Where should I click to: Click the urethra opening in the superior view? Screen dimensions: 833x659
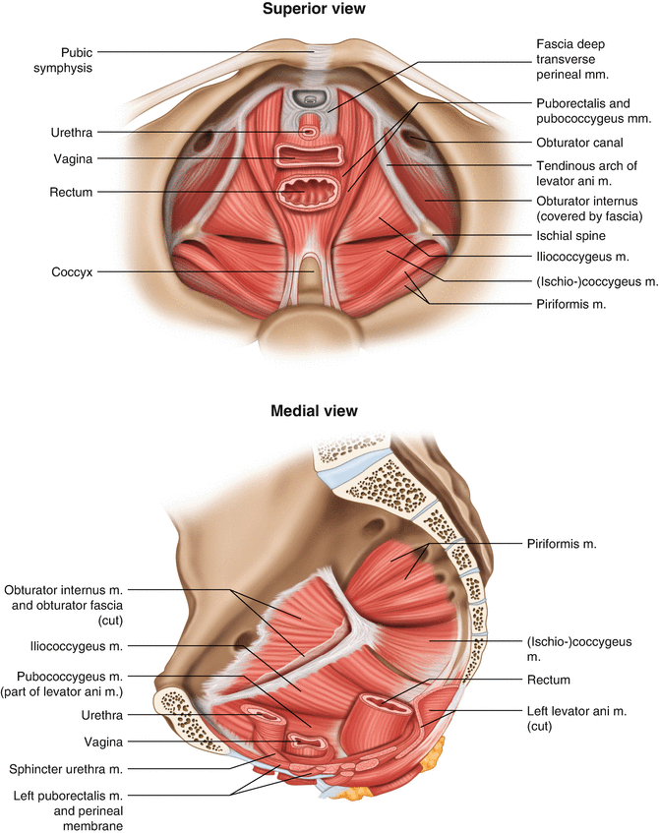click(309, 130)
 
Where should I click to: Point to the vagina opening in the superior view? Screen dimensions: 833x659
click(308, 154)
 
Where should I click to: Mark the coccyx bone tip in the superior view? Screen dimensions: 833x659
click(309, 266)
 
